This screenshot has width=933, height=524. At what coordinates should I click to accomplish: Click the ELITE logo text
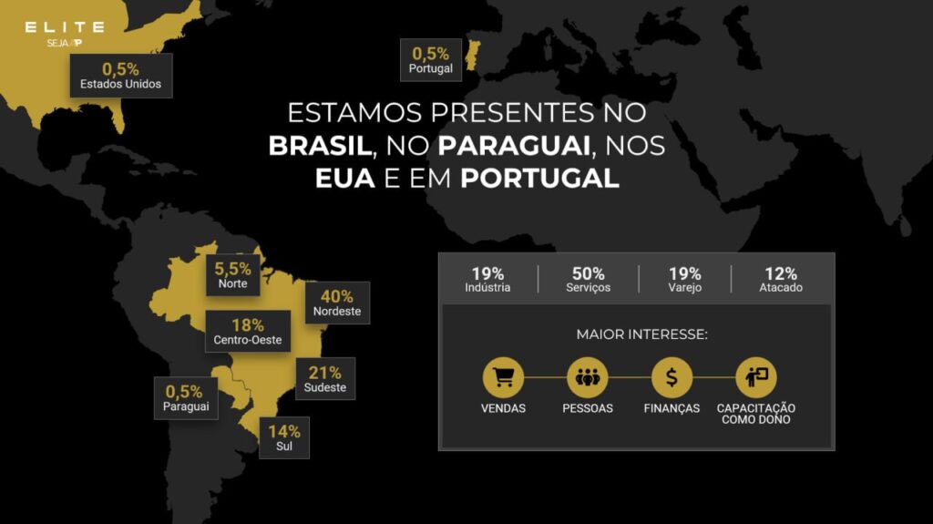click(x=65, y=27)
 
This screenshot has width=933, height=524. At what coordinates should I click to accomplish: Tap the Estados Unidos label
click(x=121, y=76)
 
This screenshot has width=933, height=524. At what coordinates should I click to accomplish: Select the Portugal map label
click(x=431, y=60)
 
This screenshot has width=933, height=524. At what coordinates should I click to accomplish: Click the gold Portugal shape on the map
click(x=473, y=55)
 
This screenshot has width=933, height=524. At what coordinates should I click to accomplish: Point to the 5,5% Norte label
click(x=232, y=275)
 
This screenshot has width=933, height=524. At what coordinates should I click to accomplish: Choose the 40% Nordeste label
click(x=337, y=303)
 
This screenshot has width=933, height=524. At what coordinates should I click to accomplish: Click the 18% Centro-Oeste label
click(x=248, y=331)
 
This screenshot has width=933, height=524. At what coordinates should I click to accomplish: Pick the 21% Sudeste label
click(x=325, y=379)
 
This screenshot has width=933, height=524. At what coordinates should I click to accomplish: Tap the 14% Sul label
click(x=284, y=437)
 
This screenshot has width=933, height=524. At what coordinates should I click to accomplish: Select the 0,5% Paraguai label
click(x=186, y=398)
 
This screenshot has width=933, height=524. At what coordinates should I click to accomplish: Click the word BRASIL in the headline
click(x=321, y=146)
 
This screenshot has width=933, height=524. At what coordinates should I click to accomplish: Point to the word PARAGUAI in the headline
click(x=514, y=146)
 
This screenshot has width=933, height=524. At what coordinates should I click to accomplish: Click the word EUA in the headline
click(x=345, y=179)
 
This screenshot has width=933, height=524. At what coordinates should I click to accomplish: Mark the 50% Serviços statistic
click(x=588, y=279)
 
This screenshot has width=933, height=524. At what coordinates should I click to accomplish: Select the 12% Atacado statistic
click(x=781, y=279)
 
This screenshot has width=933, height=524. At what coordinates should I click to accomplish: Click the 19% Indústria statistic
click(x=487, y=279)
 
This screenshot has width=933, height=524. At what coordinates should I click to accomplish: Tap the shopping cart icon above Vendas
click(x=503, y=377)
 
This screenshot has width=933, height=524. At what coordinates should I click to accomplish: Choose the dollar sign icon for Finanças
click(x=672, y=377)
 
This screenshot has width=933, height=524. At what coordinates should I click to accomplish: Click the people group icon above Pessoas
click(x=588, y=377)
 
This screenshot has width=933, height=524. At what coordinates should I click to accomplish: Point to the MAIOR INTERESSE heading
click(x=642, y=334)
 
